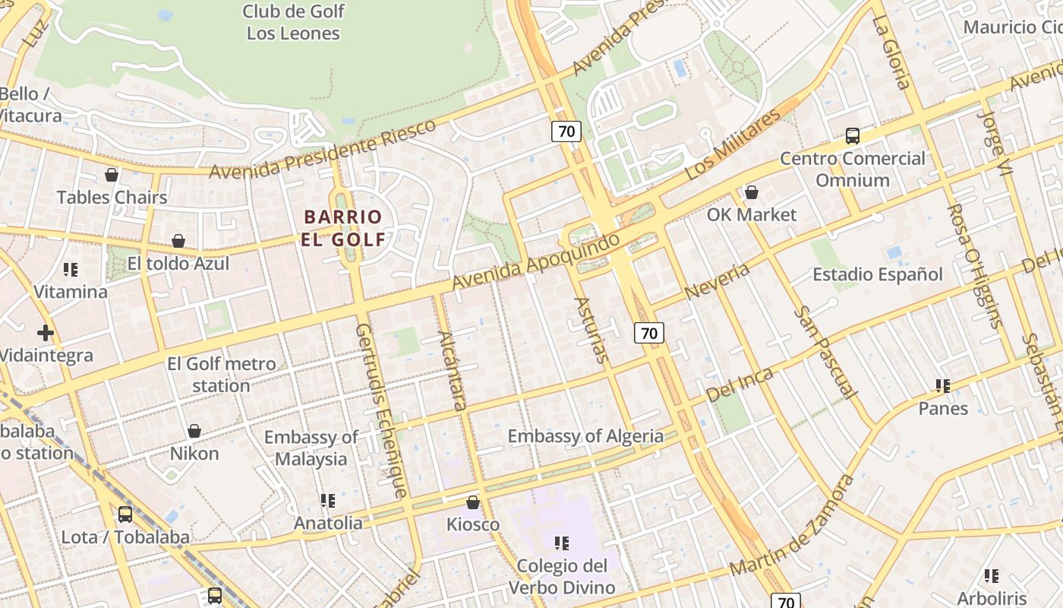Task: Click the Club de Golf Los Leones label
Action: [293, 22]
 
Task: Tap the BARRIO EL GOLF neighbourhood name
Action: [345, 228]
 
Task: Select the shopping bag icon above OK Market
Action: [752, 192]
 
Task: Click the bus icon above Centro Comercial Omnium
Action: [853, 136]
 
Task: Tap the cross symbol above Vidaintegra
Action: [46, 333]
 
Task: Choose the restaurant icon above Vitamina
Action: [71, 270]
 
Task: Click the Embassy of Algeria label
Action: [585, 436]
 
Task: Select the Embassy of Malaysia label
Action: [311, 448]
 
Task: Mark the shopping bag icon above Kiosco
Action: [473, 502]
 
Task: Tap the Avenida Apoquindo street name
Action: [535, 262]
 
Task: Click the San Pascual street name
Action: [824, 353]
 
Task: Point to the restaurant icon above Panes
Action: [943, 386]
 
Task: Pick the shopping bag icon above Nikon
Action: [194, 431]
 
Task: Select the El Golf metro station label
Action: [221, 375]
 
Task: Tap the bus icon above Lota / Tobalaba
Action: [125, 515]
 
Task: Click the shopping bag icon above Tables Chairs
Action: [112, 175]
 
